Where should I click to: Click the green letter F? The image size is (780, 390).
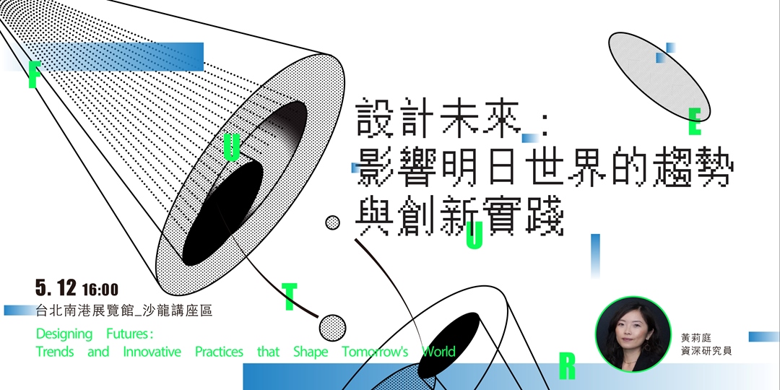[x=32, y=74]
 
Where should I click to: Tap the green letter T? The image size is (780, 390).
[x=290, y=296]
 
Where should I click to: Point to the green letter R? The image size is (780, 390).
[x=568, y=367]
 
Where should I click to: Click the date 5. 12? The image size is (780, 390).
[x=56, y=288]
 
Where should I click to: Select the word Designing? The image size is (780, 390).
[x=64, y=334]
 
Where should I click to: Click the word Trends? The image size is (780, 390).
[x=55, y=352]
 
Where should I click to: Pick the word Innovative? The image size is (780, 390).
[x=152, y=352]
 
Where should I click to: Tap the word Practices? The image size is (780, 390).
[x=219, y=352]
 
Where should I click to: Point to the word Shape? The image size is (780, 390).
[x=310, y=352]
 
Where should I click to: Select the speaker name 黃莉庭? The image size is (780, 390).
[x=696, y=337]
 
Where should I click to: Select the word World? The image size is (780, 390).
[x=438, y=352]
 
